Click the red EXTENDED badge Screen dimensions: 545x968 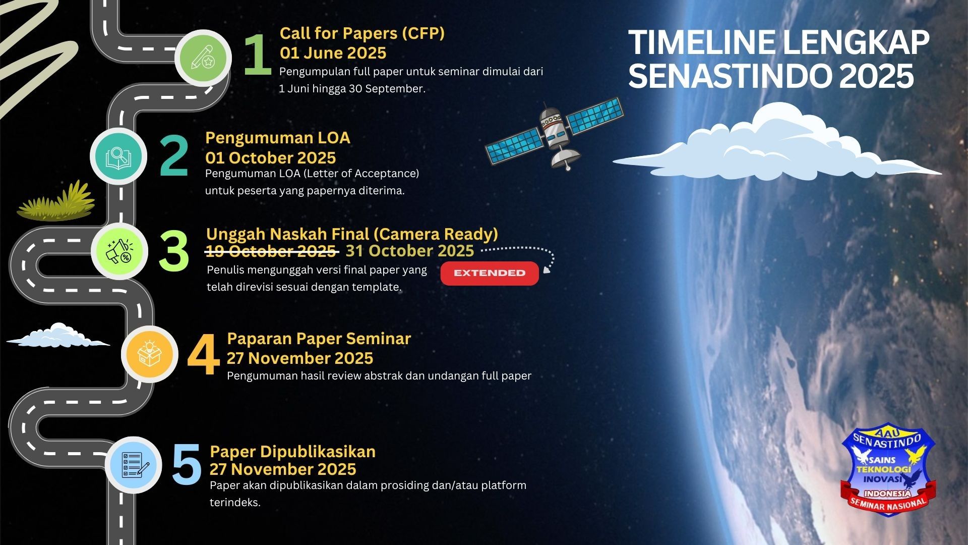point(490,273)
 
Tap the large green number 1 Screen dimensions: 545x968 point(258,56)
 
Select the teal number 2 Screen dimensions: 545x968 point(174,156)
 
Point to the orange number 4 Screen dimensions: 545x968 point(203,355)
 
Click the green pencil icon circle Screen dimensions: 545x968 point(203,58)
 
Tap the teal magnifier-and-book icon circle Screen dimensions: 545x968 point(118,157)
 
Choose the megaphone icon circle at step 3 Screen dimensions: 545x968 point(119,251)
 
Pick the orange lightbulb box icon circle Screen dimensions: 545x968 point(150,354)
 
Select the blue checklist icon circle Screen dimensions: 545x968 point(134,465)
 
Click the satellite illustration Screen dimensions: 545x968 point(555,135)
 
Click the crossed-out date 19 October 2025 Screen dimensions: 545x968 point(271,251)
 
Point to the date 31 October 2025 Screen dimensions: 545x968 point(409,251)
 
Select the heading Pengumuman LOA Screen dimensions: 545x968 point(277,138)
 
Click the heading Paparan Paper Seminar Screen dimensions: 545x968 point(319,339)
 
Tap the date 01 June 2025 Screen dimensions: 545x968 point(333,53)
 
